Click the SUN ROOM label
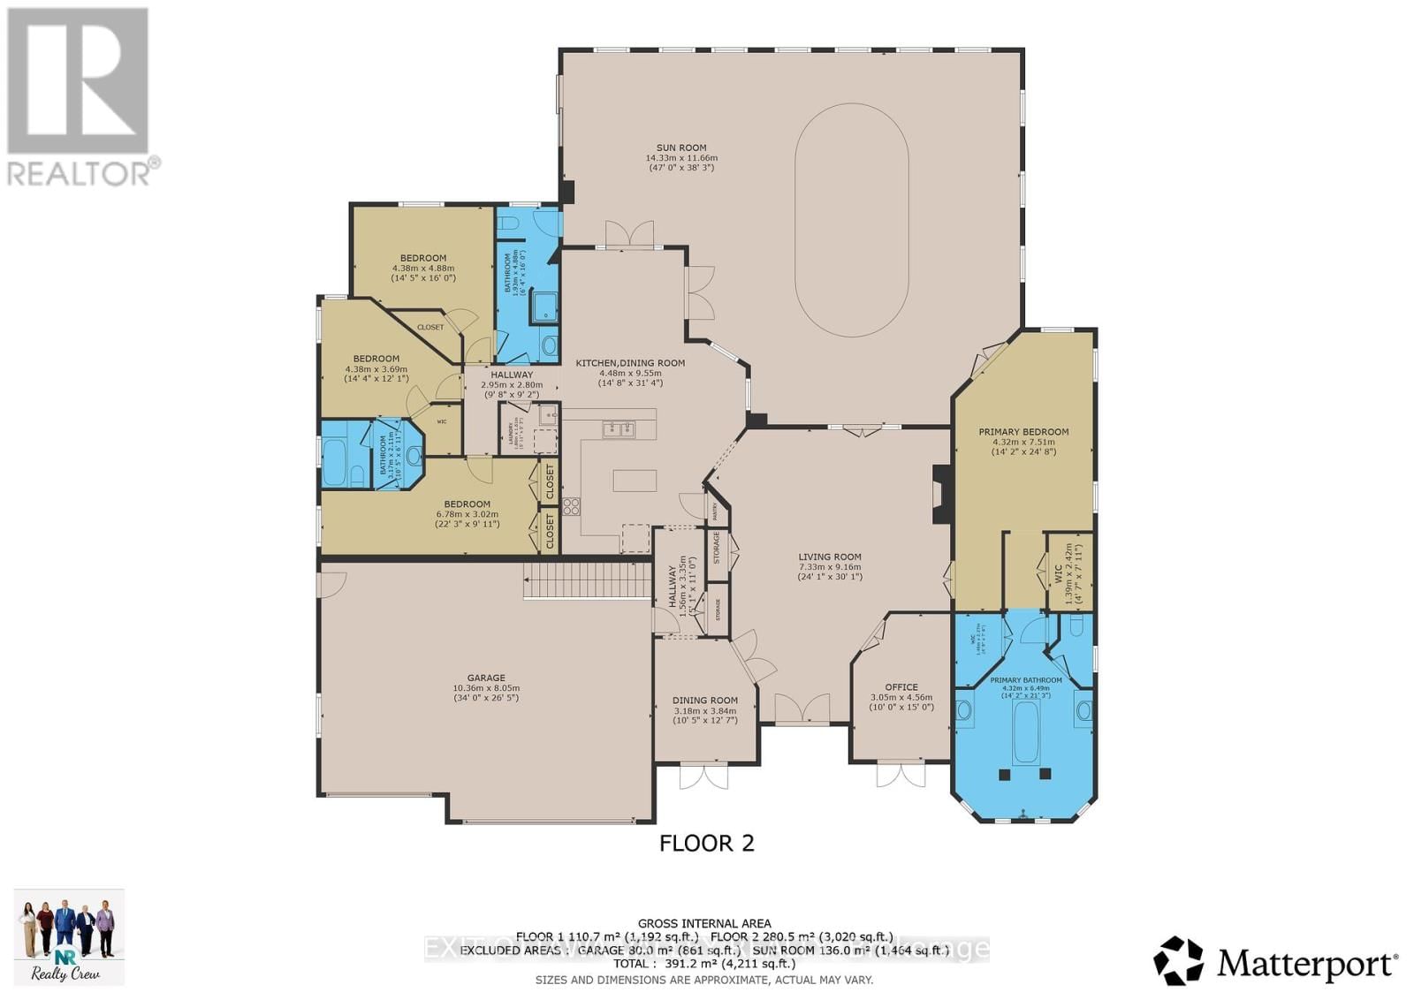pyautogui.click(x=680, y=148)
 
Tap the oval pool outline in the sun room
pyautogui.click(x=851, y=221)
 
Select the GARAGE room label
pyautogui.click(x=486, y=678)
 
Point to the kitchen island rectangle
pyautogui.click(x=635, y=480)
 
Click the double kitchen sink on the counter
pyautogui.click(x=619, y=429)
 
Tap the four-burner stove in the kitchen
pyautogui.click(x=571, y=506)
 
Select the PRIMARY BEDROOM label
pyautogui.click(x=1023, y=432)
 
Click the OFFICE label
pyautogui.click(x=901, y=686)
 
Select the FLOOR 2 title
pyautogui.click(x=707, y=843)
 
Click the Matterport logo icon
pyautogui.click(x=1179, y=961)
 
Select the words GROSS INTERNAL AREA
pyautogui.click(x=704, y=923)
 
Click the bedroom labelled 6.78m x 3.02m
pyautogui.click(x=468, y=510)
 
